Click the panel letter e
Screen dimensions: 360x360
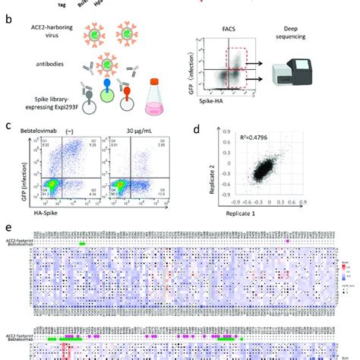click(7, 227)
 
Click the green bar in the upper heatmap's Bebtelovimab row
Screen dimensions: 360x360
click(82, 243)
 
